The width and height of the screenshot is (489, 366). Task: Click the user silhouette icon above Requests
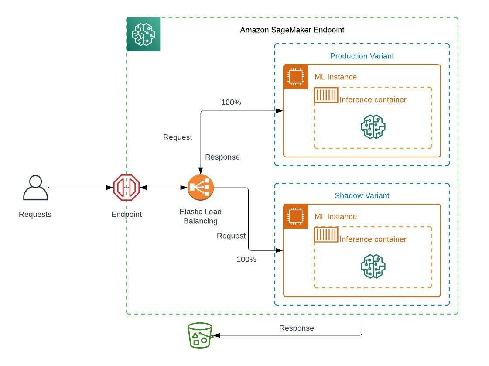(x=35, y=188)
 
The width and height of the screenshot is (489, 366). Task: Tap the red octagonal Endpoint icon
(x=126, y=188)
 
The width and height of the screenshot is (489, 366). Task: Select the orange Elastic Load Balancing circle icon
(x=201, y=188)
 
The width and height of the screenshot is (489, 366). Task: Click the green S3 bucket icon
(x=200, y=335)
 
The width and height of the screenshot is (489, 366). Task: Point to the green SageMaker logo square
(x=144, y=34)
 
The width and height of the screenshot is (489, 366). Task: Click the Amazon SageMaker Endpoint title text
(x=292, y=30)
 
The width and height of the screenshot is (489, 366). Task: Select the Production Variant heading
(x=362, y=56)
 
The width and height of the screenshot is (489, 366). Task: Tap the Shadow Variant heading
(x=362, y=195)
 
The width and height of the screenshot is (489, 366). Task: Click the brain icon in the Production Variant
(x=373, y=127)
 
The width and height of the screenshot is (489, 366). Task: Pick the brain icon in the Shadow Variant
(x=373, y=267)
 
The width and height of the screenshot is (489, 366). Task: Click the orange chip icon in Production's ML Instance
(x=296, y=77)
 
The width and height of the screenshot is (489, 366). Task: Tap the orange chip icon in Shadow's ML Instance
(x=296, y=216)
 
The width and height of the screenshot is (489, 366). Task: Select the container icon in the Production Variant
(x=326, y=95)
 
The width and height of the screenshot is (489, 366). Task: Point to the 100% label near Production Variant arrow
(x=231, y=103)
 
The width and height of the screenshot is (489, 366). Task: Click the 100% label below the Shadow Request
(x=246, y=259)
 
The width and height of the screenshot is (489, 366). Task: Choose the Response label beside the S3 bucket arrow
(x=296, y=328)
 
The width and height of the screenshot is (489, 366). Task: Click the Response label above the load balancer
(x=222, y=157)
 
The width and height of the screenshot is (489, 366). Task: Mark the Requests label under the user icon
(x=35, y=214)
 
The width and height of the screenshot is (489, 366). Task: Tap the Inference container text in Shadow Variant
(x=373, y=239)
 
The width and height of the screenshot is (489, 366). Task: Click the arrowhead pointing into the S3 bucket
(x=216, y=335)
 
